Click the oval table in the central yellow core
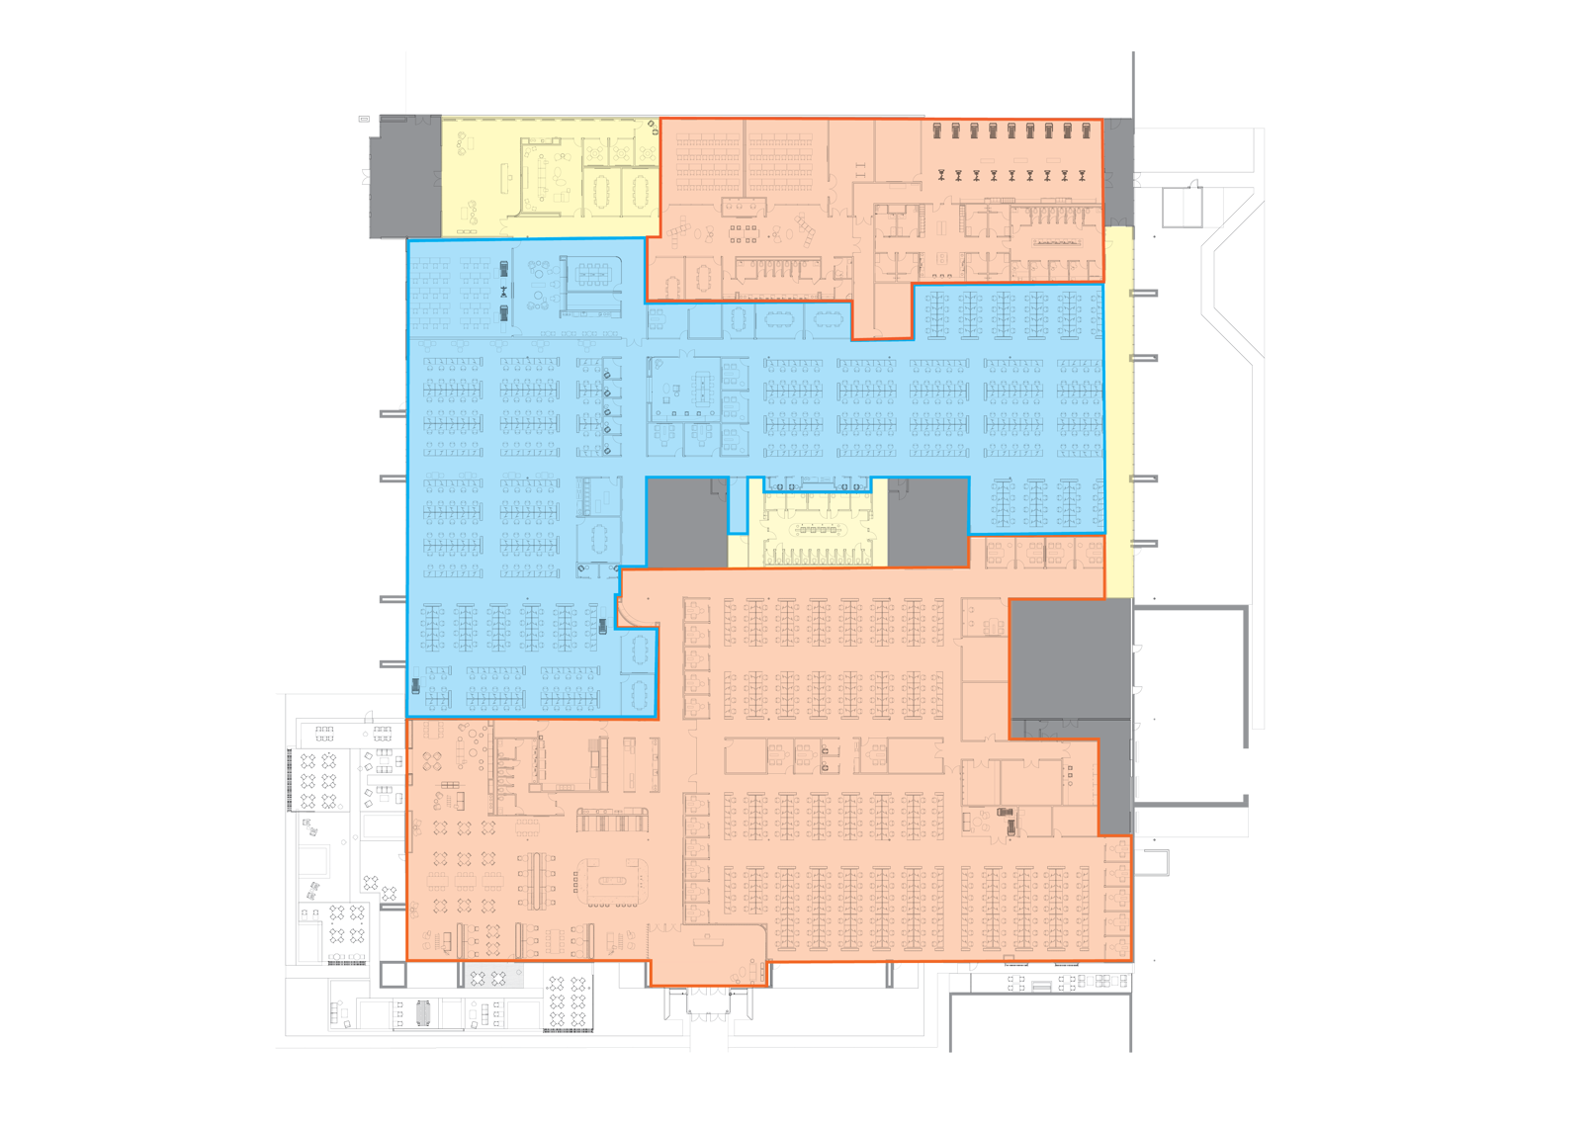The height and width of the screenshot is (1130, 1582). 817,529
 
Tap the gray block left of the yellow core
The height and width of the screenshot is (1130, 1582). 686,522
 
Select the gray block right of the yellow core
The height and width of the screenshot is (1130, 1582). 927,522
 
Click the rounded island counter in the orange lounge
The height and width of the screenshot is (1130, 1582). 615,879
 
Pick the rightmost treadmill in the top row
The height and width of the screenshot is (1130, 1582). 1087,130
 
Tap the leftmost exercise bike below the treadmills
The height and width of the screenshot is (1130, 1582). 940,175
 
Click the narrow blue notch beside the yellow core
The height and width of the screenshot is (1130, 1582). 738,506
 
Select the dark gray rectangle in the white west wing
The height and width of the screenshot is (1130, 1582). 384,826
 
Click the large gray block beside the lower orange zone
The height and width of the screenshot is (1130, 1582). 1070,657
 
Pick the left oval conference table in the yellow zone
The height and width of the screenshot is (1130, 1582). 600,194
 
